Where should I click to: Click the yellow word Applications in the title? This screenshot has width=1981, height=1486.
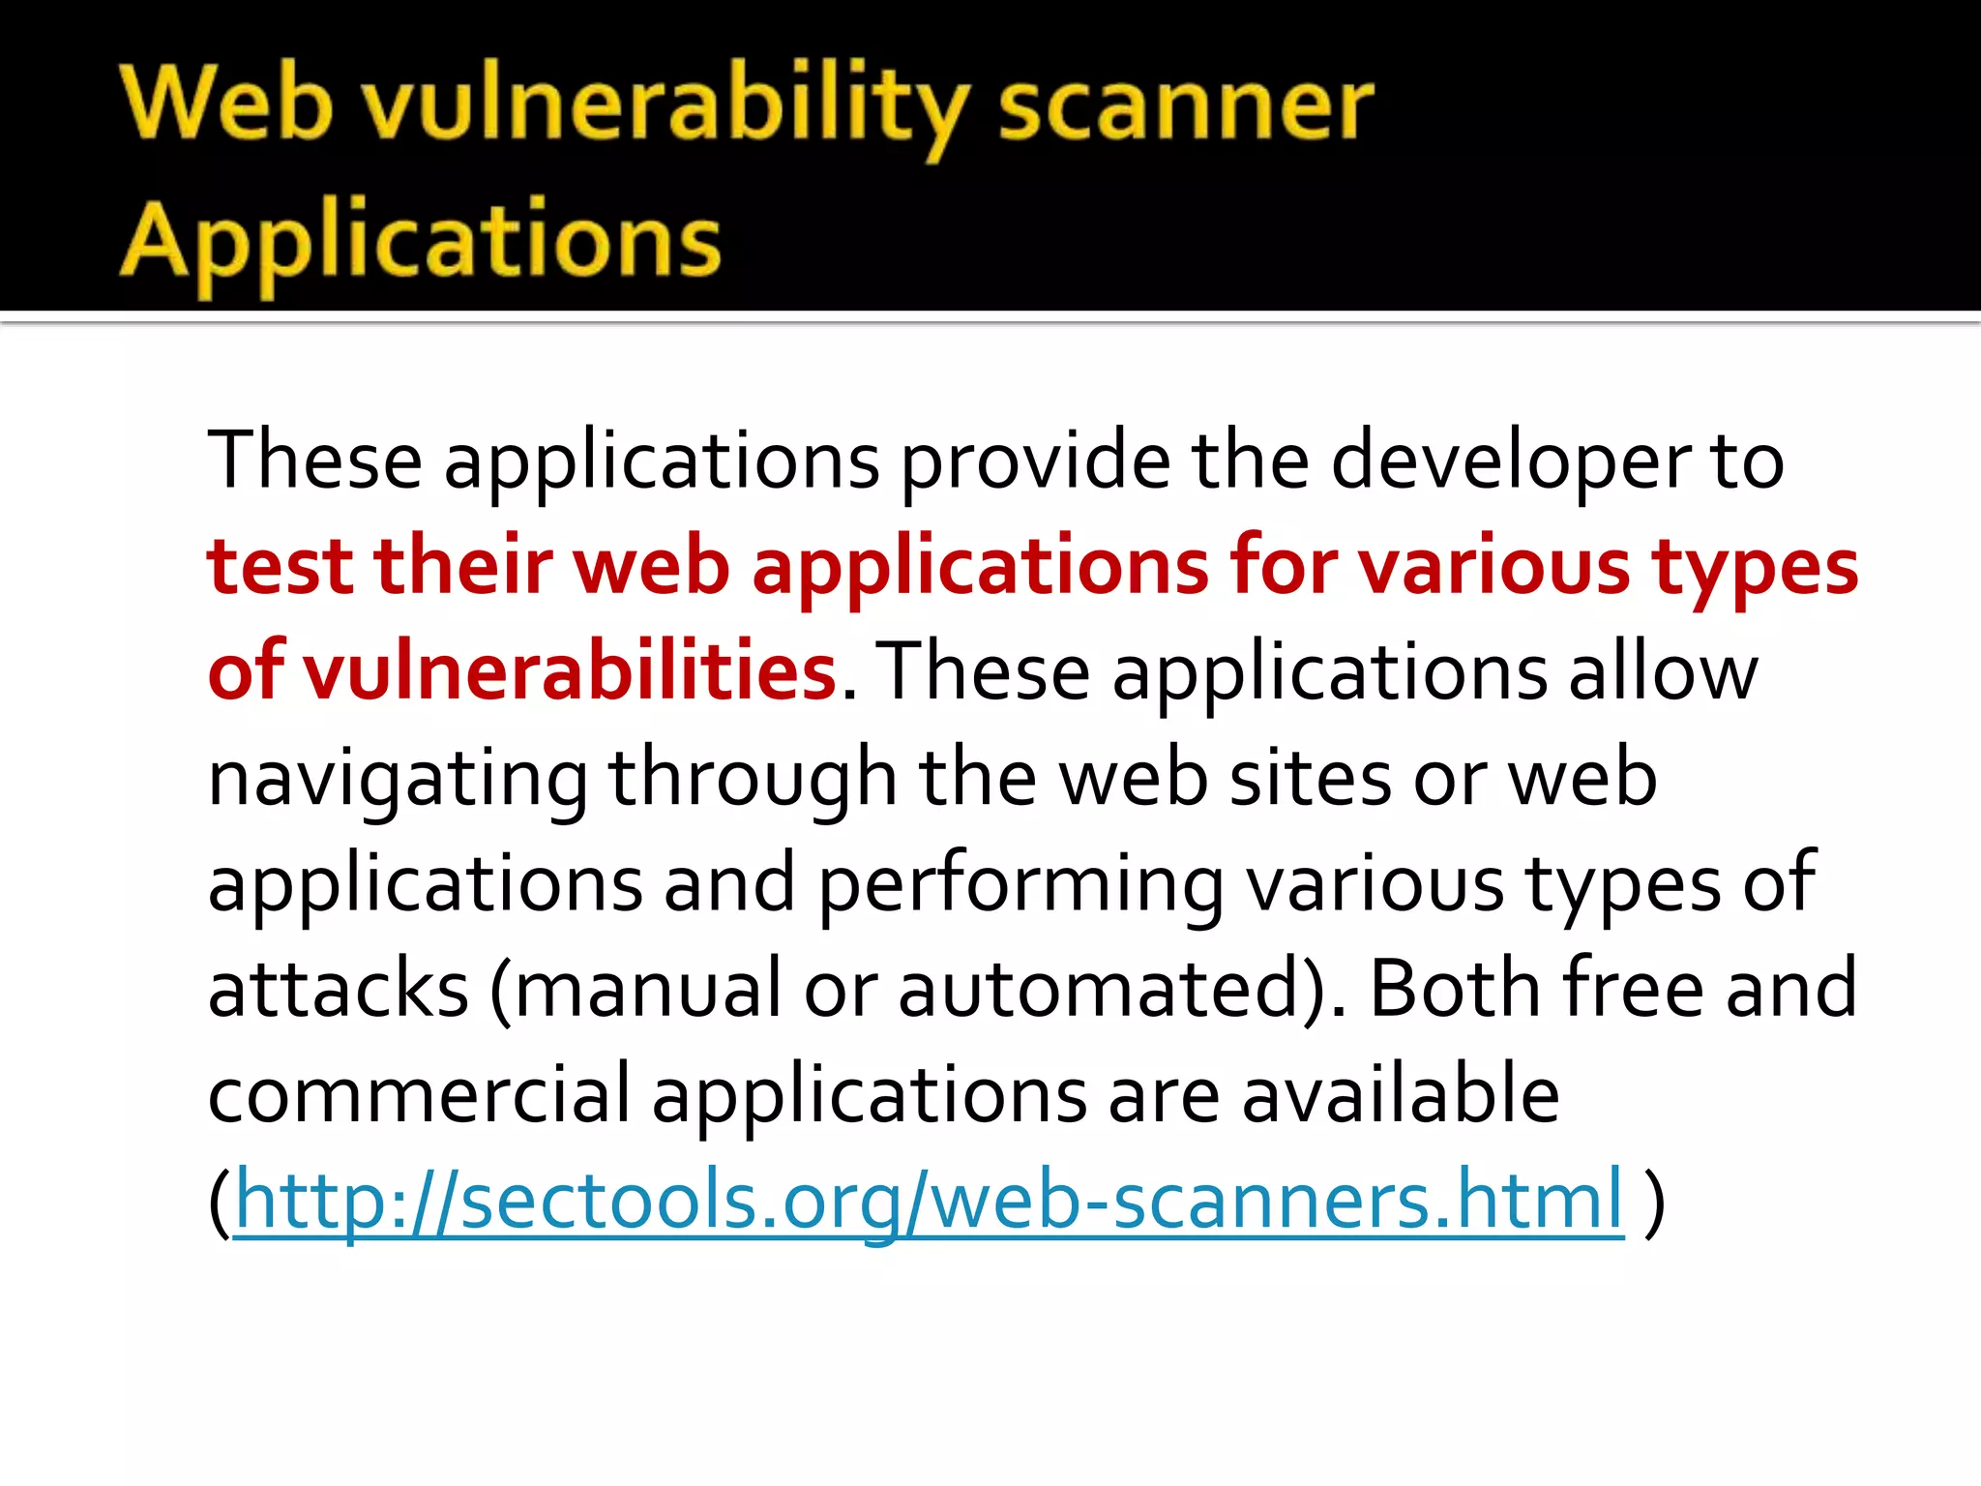point(421,242)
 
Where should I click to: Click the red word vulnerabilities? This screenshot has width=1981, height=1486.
point(570,671)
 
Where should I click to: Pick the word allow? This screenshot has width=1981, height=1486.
point(1663,671)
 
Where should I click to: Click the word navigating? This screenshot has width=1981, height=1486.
point(398,780)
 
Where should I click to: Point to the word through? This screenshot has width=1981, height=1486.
point(753,780)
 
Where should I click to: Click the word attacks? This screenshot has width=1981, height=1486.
point(339,989)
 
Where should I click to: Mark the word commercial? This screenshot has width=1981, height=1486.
point(419,1094)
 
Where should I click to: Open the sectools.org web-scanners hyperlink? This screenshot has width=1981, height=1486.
point(929,1201)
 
